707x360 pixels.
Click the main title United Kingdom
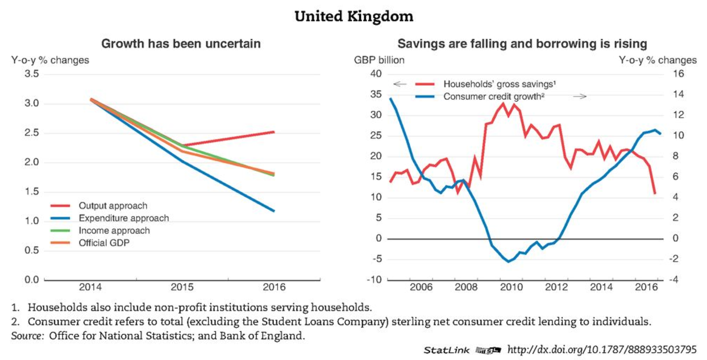click(353, 16)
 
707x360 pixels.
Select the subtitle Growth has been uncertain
click(181, 44)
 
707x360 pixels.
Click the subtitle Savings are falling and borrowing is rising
click(522, 44)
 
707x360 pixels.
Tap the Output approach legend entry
click(113, 206)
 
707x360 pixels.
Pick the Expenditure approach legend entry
click(123, 218)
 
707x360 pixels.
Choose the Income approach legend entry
click(114, 231)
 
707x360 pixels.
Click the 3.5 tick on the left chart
click(32, 74)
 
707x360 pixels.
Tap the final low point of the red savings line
click(655, 194)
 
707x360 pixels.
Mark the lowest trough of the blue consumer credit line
click(509, 262)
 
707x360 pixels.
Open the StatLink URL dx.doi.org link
click(601, 350)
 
